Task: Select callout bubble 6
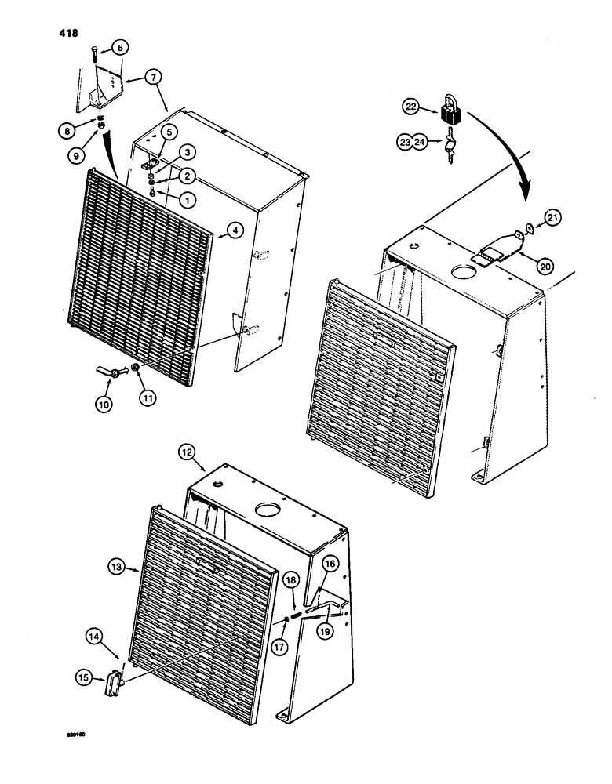[x=119, y=48]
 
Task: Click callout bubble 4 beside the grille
[x=231, y=230]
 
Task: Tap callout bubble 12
[x=186, y=452]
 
